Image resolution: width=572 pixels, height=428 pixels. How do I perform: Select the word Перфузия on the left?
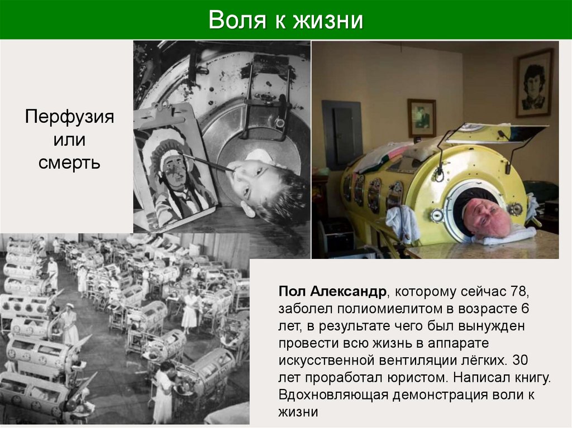point(70,118)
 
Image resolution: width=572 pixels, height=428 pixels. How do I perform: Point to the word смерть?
point(70,163)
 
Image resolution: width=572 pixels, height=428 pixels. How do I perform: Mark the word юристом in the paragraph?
point(417,378)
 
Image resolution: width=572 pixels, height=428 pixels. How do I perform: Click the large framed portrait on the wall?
point(533,83)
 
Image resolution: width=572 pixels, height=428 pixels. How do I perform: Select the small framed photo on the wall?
point(422,118)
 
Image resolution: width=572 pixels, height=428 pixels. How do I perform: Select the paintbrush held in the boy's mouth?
point(209,163)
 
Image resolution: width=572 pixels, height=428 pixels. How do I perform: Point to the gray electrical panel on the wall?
point(342,134)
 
